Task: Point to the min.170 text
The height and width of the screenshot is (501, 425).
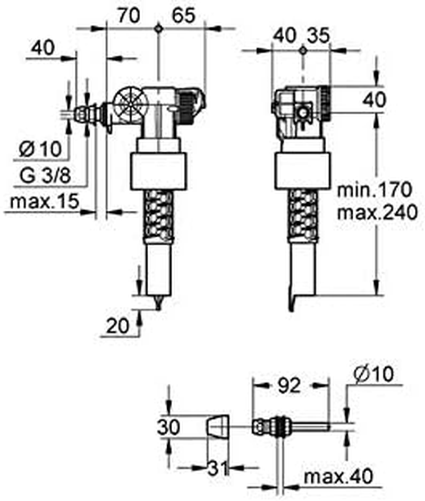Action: pyautogui.click(x=374, y=189)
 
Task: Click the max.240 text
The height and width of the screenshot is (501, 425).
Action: pyautogui.click(x=374, y=213)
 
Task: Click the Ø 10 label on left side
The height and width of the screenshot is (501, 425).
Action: pyautogui.click(x=40, y=149)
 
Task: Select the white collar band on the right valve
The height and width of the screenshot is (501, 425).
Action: pyautogui.click(x=301, y=170)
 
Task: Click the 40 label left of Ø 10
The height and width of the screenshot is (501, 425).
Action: pyautogui.click(x=43, y=48)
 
